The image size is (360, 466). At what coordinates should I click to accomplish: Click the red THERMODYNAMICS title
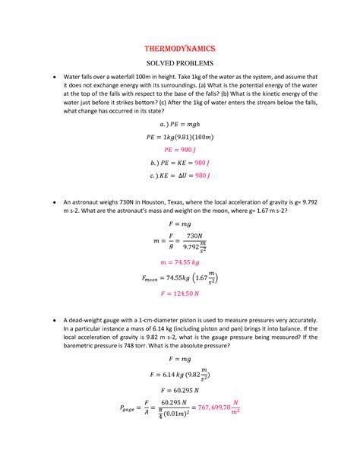179,47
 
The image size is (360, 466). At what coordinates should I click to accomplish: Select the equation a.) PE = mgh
179,124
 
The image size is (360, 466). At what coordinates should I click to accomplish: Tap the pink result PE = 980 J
179,151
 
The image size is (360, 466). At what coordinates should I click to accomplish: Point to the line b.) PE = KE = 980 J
179,163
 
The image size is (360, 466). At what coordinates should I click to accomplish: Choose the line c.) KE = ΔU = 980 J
179,176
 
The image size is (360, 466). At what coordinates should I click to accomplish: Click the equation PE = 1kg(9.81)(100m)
179,137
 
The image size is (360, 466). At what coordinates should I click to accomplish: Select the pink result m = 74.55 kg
179,260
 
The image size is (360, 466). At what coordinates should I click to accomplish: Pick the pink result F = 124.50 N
179,293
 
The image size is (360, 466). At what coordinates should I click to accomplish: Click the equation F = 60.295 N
179,387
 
